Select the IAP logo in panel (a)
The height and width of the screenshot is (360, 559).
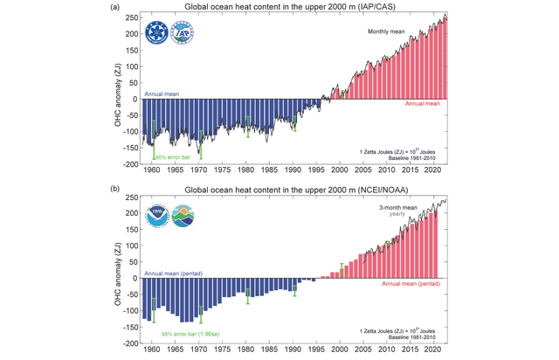[x=183, y=33]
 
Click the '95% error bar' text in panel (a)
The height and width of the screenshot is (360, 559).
[x=172, y=156]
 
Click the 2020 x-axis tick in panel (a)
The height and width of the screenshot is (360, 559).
[x=430, y=174]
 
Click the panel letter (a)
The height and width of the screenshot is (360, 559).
[x=115, y=7]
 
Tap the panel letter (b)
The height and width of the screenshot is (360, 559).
[x=115, y=190]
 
